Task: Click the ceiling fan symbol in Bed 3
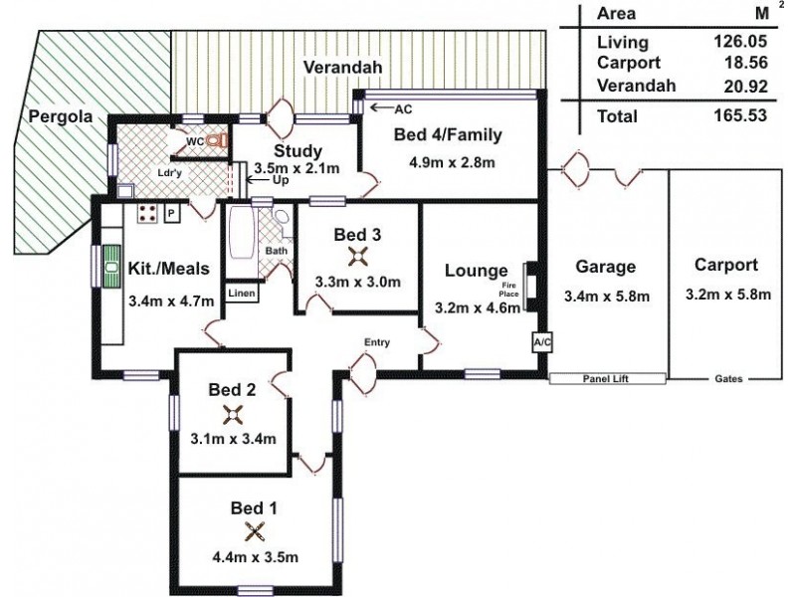coord(358,257)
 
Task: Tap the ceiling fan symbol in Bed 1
coord(255,532)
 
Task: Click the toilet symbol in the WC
coord(219,140)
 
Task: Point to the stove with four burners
coord(148,213)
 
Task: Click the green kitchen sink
coord(110,267)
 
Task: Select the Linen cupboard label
coord(242,294)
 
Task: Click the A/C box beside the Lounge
coord(541,342)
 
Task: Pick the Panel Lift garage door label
coord(607,379)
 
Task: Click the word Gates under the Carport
coord(728,379)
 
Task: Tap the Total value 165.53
coord(740,115)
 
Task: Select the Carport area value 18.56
coord(745,63)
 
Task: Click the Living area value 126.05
coord(740,42)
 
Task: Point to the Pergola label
coord(61,116)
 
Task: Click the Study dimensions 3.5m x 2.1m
coord(297,168)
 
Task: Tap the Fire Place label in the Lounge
coord(508,290)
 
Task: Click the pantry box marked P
coord(172,214)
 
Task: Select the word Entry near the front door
coord(377,342)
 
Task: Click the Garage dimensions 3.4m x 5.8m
coord(607,297)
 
